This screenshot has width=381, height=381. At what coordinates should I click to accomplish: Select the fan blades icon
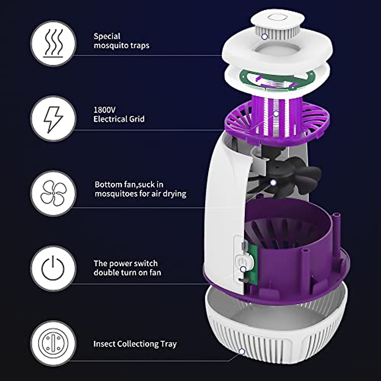[53, 193]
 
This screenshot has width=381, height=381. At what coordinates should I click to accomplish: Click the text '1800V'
[104, 110]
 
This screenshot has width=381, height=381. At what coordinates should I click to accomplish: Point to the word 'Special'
[107, 36]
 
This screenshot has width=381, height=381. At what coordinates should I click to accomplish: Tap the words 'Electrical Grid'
[119, 119]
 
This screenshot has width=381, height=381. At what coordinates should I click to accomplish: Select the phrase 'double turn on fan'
[127, 273]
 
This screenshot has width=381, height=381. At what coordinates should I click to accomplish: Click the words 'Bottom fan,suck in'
[129, 184]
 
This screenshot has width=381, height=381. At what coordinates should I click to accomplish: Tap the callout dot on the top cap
[264, 37]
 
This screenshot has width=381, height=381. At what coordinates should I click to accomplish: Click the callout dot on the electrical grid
[276, 113]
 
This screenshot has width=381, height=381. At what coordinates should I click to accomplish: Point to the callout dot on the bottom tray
[242, 351]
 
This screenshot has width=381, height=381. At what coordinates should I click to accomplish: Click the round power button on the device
[242, 261]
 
